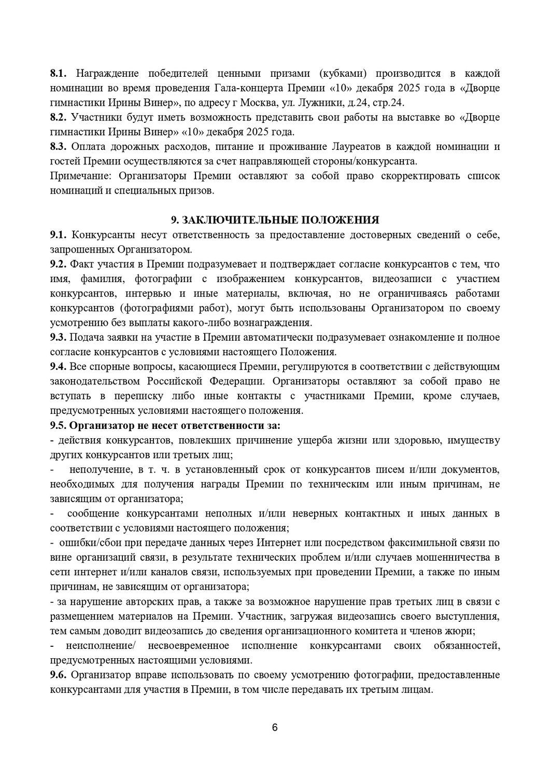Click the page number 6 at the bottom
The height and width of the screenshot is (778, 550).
pos(275,728)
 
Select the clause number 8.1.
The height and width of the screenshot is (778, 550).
pos(59,73)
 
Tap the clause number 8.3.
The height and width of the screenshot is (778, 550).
pos(59,147)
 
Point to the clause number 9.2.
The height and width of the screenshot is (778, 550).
pos(59,264)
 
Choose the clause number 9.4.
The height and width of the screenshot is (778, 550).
pos(59,367)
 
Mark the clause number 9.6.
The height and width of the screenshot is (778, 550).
pos(59,675)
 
